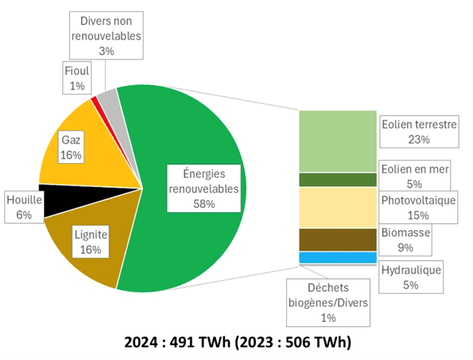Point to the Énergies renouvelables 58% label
203,187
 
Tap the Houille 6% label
19,207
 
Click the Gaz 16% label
71,147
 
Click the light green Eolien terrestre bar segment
337,141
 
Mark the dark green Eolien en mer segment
337,180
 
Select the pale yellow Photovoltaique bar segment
337,207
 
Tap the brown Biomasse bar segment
337,239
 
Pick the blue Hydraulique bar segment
337,257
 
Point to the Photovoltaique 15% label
418,208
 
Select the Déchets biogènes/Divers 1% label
329,302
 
